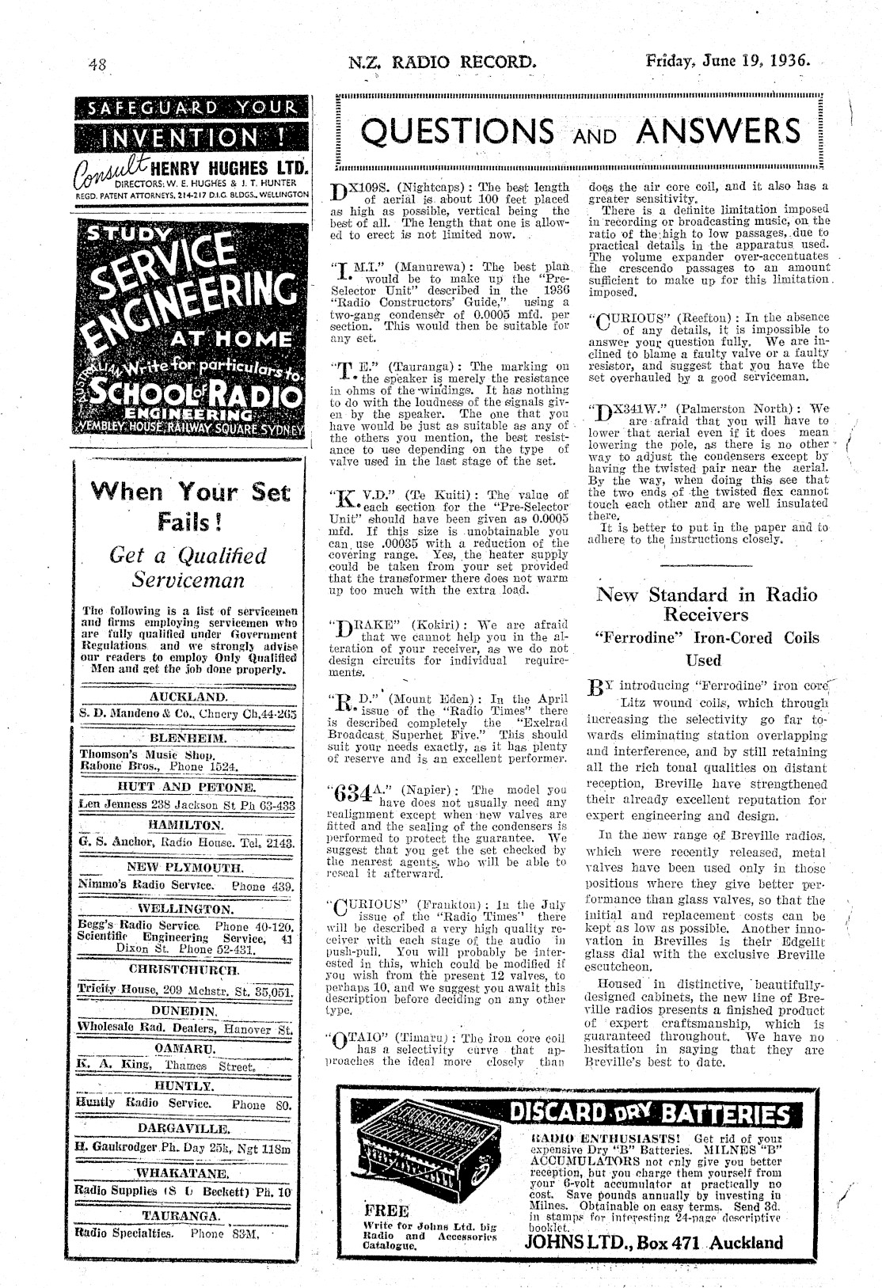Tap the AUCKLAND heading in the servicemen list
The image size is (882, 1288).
pos(188,697)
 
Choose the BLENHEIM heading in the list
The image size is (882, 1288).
pos(188,738)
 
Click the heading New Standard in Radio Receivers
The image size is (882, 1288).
pos(705,604)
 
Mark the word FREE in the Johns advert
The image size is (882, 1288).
pos(386,1211)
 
